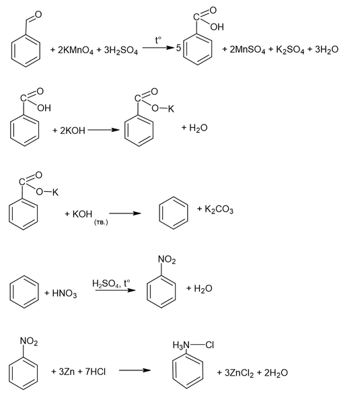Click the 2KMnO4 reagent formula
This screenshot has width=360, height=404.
[x=75, y=50]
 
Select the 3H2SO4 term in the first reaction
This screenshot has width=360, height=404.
[x=121, y=50]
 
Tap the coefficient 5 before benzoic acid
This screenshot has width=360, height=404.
[x=178, y=48]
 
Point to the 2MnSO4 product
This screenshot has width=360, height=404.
[x=247, y=49]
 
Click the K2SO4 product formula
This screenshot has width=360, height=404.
[x=290, y=49]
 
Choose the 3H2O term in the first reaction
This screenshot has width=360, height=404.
[x=326, y=49]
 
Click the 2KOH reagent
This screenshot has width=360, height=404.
[x=73, y=131]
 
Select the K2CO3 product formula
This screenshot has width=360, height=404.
[x=219, y=209]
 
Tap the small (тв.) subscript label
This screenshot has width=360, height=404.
[x=101, y=222]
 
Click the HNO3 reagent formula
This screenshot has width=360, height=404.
[x=65, y=294]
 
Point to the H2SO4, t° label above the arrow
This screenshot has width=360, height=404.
[x=111, y=283]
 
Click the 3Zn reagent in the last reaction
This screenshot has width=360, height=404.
[x=67, y=372]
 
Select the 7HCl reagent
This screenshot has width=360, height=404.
[x=96, y=372]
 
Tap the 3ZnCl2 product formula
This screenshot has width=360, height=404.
[x=240, y=373]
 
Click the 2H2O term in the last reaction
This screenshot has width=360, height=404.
[x=276, y=373]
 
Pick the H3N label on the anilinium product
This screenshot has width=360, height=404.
[x=181, y=345]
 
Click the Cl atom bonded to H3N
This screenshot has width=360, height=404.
[x=210, y=345]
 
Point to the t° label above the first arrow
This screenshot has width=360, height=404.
[x=158, y=40]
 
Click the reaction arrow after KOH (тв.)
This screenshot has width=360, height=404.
[x=125, y=213]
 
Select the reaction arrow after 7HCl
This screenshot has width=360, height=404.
[x=135, y=370]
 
